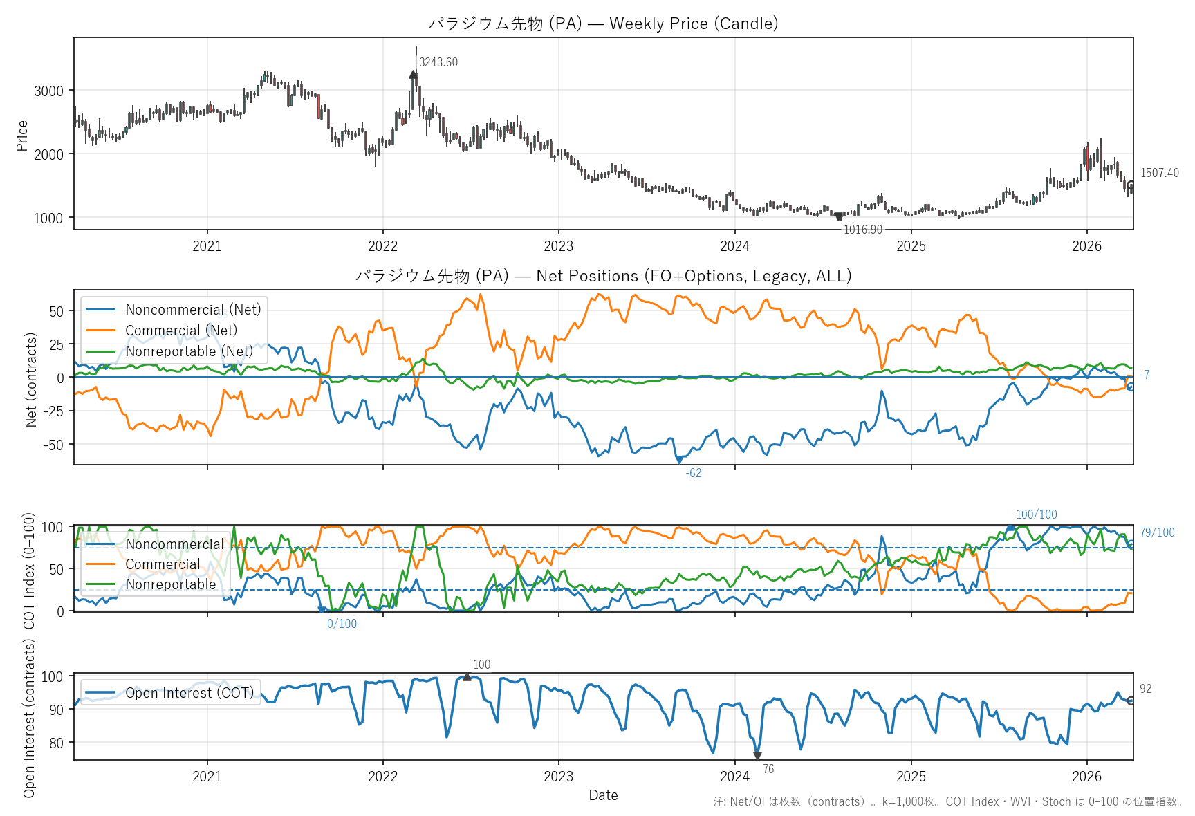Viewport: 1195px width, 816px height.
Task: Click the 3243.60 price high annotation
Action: pyautogui.click(x=438, y=62)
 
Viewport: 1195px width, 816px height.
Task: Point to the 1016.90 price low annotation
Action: pyautogui.click(x=863, y=230)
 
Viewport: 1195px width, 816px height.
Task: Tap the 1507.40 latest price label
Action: pyautogui.click(x=1160, y=173)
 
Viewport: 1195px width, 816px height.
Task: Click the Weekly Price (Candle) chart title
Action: pyautogui.click(x=603, y=24)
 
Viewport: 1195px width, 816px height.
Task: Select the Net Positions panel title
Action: pyautogui.click(x=603, y=276)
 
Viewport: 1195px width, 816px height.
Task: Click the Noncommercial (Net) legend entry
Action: pyautogui.click(x=193, y=310)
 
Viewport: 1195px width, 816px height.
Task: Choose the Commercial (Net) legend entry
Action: pyautogui.click(x=180, y=331)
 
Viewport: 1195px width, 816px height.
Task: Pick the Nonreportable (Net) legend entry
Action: pyautogui.click(x=189, y=351)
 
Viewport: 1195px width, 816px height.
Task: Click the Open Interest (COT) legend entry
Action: pyautogui.click(x=189, y=693)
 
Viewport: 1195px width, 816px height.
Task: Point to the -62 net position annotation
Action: pyautogui.click(x=694, y=473)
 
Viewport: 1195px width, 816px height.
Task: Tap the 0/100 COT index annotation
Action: pyautogui.click(x=342, y=624)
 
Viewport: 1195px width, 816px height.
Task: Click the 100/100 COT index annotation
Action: pyautogui.click(x=1036, y=514)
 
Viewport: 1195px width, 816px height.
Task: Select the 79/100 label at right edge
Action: pyautogui.click(x=1157, y=532)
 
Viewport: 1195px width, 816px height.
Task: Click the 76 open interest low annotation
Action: pyautogui.click(x=768, y=769)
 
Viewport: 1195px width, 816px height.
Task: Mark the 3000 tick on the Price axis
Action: pyautogui.click(x=48, y=91)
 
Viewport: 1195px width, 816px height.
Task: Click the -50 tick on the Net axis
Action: pyautogui.click(x=54, y=445)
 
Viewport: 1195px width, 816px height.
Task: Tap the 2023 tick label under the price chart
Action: pyautogui.click(x=558, y=246)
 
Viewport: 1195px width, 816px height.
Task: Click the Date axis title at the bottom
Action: pyautogui.click(x=603, y=795)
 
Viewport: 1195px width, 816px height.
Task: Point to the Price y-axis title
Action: pyautogui.click(x=22, y=136)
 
